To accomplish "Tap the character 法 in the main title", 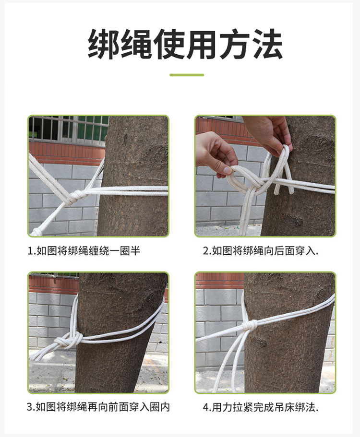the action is coord(269,44).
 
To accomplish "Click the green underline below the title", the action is coord(187,75).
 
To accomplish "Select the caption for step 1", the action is coord(84,251).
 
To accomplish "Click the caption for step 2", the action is coord(261,251).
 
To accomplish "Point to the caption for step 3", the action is coord(98,407).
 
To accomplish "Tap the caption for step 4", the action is coord(261,407).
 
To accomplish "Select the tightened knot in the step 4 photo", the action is coord(249,325).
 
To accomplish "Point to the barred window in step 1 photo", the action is coord(68,130).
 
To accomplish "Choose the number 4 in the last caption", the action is coord(206,407).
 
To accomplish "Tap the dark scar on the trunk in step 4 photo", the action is coord(258,342).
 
